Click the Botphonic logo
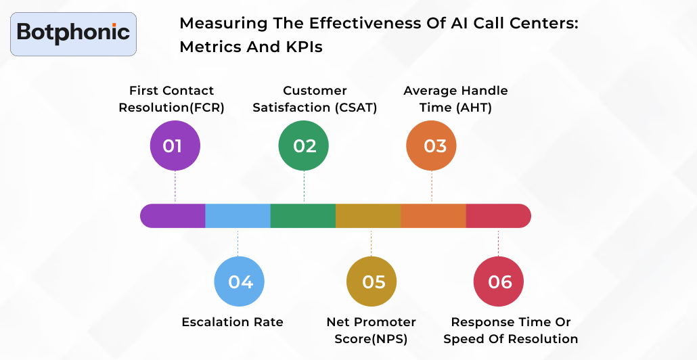point(73,33)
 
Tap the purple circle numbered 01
point(175,145)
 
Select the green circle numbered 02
point(304,145)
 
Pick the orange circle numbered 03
point(431,145)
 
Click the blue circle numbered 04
point(239,282)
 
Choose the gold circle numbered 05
point(372,282)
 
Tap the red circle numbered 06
point(498,282)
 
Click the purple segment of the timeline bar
point(173,216)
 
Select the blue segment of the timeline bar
point(238,216)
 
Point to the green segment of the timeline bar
point(302,216)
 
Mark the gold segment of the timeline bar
point(368,216)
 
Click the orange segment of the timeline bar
point(433,216)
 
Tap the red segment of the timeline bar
point(498,216)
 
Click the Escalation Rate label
point(232,322)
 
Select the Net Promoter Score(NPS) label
point(371,330)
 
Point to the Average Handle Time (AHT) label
point(455,99)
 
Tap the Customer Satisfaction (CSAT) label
point(315,99)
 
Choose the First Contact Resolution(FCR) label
point(171,99)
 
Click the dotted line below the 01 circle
point(175,186)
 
